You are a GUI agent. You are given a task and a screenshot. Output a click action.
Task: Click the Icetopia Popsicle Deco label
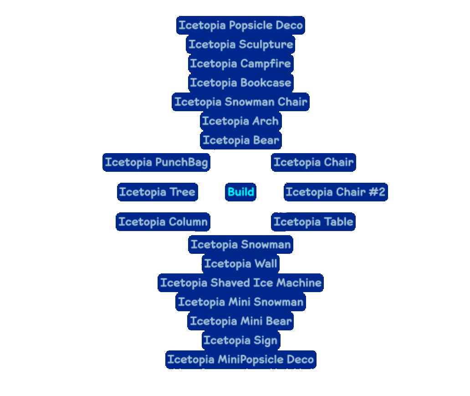pos(240,25)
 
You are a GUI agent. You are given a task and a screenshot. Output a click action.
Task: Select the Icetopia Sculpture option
pos(240,44)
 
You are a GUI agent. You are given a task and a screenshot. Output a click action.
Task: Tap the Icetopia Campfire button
pos(240,63)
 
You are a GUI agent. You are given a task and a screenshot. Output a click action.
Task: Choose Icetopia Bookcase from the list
pos(240,82)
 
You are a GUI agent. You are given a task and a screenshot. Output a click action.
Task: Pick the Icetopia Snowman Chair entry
pos(240,102)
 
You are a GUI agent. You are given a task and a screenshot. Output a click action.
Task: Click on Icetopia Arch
pos(240,121)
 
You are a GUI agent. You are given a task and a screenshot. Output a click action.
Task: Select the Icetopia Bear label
pos(240,140)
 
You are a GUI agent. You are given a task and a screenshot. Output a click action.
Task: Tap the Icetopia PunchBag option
pos(157,162)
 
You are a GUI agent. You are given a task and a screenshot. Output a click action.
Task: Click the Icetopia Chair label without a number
pos(313,162)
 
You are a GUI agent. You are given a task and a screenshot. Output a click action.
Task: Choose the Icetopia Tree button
pos(157,192)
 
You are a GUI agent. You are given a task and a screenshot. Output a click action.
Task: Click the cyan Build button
pos(240,192)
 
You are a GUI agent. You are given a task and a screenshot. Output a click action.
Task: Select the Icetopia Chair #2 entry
pos(336,192)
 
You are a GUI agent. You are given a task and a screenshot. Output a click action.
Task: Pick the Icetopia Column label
pos(163,222)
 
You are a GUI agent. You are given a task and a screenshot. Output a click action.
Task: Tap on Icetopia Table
pos(313,222)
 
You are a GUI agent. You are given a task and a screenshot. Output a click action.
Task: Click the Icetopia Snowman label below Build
pos(240,245)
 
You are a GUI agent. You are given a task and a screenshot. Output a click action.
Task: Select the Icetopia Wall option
pos(240,264)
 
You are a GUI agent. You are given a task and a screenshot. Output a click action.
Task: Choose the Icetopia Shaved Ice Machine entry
pos(240,283)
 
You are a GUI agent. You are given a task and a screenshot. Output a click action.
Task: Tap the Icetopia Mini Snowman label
pos(240,302)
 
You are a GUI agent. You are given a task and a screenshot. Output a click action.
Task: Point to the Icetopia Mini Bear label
pos(240,321)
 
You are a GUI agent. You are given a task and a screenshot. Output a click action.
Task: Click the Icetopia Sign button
pos(240,340)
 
